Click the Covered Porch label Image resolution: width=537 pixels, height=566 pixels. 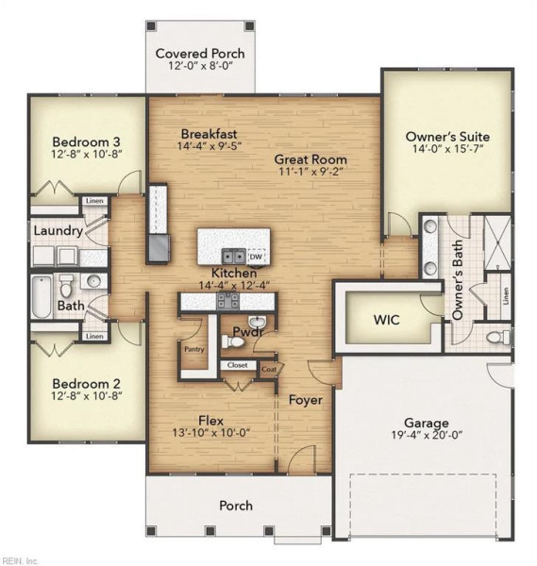click(x=200, y=54)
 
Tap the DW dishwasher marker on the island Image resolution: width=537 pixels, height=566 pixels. click(x=256, y=257)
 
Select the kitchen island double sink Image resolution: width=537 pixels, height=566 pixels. click(x=233, y=257)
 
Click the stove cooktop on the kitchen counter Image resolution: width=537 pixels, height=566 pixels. click(x=227, y=301)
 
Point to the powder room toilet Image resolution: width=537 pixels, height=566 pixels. click(x=232, y=341)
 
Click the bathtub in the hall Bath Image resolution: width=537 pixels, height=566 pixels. click(x=42, y=297)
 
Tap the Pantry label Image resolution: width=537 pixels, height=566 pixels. click(x=194, y=349)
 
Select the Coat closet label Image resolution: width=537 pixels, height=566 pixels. click(x=269, y=369)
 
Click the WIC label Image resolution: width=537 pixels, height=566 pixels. click(x=386, y=320)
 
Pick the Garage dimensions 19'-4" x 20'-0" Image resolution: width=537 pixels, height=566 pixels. click(x=427, y=435)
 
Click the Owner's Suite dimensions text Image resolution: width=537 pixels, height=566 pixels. click(x=447, y=149)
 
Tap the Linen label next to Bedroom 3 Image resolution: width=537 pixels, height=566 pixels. click(x=94, y=201)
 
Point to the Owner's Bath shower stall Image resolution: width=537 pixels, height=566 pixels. click(x=497, y=242)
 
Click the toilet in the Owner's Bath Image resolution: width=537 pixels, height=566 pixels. click(x=498, y=338)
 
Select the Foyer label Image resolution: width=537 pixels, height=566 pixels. click(x=306, y=400)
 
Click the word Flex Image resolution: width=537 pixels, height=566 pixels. click(x=210, y=421)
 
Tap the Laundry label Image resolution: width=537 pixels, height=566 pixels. click(x=59, y=231)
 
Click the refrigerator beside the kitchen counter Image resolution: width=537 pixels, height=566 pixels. click(x=159, y=247)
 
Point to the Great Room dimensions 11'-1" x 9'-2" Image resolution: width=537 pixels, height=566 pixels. click(x=310, y=172)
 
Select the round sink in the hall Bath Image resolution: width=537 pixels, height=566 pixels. click(x=93, y=280)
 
